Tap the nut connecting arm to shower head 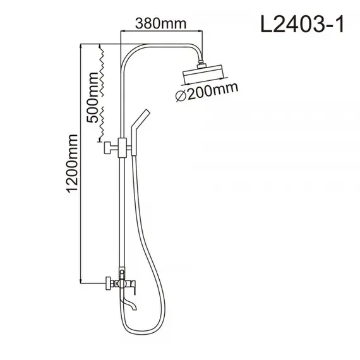[203, 64]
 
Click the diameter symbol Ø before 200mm [180, 97]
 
